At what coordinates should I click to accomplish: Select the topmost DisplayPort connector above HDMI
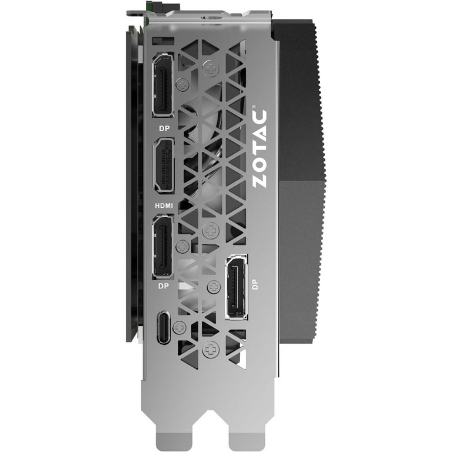(x=164, y=85)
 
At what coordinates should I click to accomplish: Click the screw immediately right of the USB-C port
(x=180, y=325)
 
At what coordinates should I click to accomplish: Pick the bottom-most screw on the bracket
(x=208, y=351)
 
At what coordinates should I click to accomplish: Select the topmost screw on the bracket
(x=210, y=69)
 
